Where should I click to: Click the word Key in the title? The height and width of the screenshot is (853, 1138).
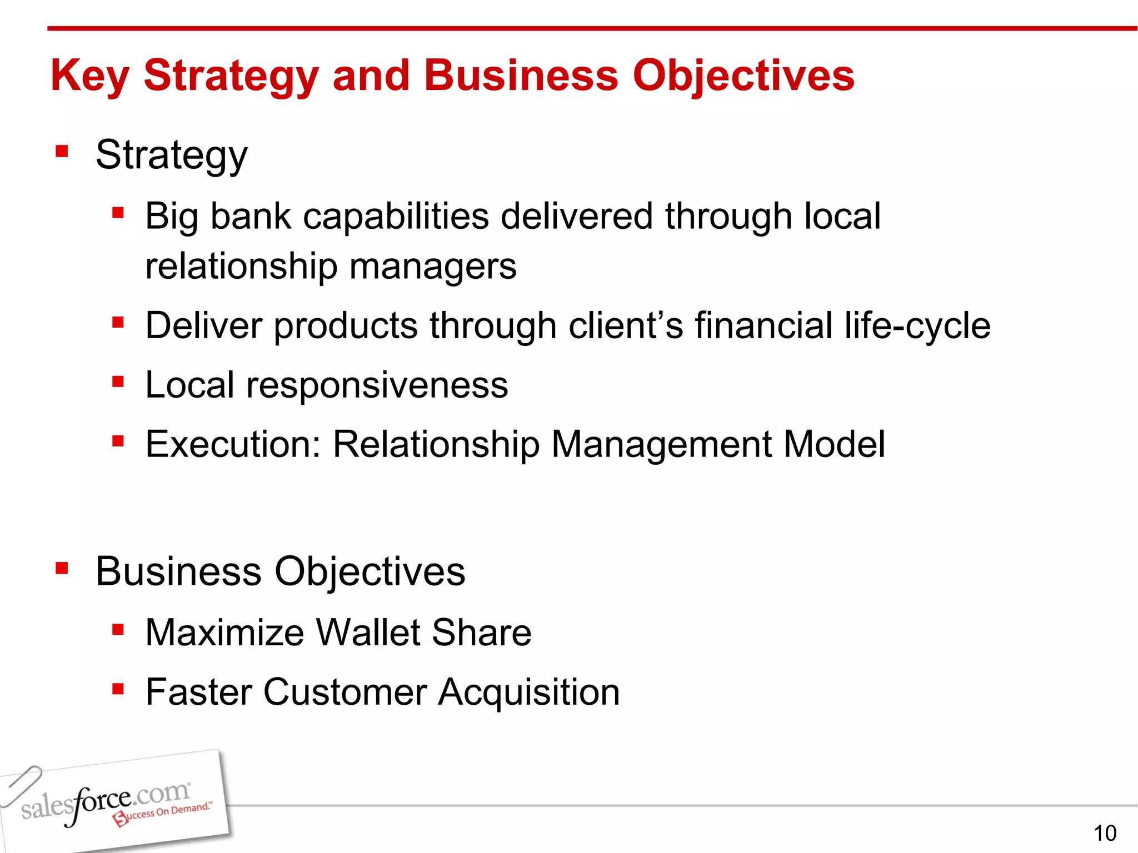89,76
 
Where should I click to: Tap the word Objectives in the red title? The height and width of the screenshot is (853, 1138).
743,76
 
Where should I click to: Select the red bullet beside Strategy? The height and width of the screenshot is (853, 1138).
62,151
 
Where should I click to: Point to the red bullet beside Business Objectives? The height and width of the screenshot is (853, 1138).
62,568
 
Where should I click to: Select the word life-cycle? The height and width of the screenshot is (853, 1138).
917,325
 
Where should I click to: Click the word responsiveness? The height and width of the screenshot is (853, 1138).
377,385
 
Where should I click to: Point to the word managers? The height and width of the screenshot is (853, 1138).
433,267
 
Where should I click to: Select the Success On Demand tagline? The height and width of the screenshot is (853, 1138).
164,814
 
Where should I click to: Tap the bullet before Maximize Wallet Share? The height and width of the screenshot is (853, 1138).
117,630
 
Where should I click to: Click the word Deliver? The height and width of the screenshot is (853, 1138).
203,325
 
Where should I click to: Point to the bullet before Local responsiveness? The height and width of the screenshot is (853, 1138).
117,382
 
